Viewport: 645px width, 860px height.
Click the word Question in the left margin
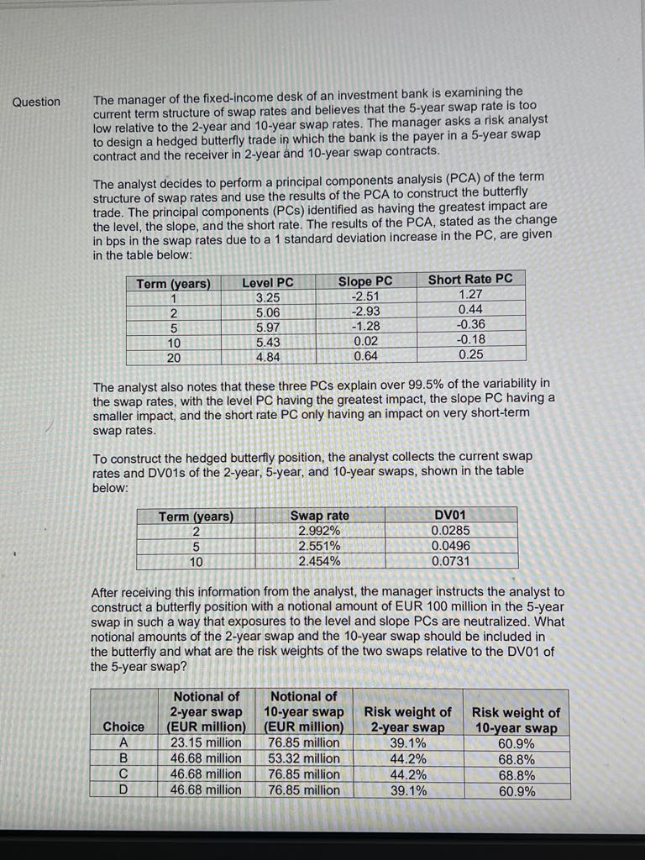36,102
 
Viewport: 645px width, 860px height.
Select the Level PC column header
268,282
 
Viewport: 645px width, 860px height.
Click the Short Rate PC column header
470,280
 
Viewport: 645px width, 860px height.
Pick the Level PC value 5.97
268,327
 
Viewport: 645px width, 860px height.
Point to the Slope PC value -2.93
365,312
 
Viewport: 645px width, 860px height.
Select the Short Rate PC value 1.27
471,294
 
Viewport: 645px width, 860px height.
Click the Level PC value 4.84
268,357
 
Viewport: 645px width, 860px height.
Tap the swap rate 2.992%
319,531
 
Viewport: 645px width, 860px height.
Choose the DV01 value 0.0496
451,545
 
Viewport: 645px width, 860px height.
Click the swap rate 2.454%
319,561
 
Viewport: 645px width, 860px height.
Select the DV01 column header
451,515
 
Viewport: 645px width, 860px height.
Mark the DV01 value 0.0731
451,560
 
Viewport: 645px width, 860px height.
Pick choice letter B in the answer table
123,758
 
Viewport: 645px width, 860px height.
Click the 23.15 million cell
206,742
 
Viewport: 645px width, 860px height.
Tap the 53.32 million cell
303,758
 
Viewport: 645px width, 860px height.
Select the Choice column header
123,726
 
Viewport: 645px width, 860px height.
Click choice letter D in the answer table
123,790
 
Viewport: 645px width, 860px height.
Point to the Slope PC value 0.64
365,356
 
